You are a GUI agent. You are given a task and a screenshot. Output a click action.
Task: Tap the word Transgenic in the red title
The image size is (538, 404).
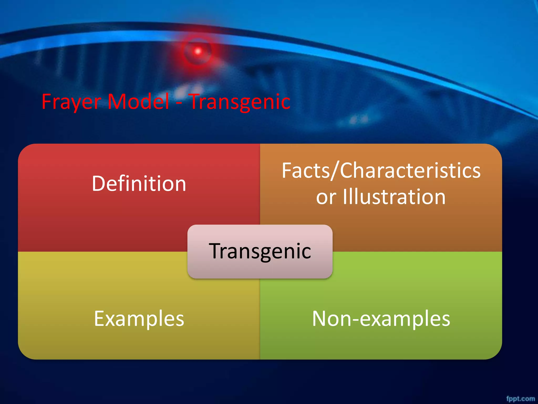coord(240,102)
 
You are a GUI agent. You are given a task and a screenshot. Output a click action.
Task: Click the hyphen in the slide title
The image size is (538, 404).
coord(179,103)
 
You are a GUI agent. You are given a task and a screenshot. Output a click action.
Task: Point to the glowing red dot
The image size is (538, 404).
coord(198,51)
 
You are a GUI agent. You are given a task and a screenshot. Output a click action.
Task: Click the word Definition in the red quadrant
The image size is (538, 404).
coord(139,184)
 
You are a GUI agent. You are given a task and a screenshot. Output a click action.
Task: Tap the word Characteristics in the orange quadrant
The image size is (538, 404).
coord(410,171)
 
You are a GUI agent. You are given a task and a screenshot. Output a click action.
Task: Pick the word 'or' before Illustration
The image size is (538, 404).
coord(326,198)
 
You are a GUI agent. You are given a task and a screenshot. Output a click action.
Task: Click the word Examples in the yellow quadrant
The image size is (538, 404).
coord(139,319)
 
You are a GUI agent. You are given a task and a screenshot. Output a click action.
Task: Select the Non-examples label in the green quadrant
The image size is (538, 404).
coord(381,319)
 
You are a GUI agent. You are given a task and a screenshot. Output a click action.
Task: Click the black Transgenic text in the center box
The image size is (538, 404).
coord(260,251)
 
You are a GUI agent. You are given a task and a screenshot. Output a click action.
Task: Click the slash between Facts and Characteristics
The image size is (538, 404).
coord(335,171)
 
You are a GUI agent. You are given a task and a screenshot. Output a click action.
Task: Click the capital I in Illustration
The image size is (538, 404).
coord(345,197)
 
